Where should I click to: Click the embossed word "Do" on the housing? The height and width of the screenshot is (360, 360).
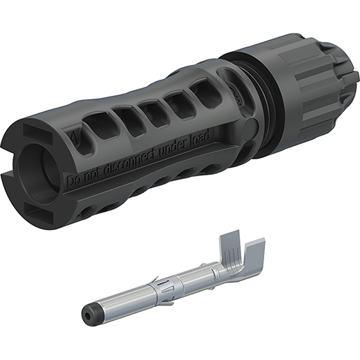coord(73,180)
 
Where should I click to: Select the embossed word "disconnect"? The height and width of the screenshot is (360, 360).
coord(129,161)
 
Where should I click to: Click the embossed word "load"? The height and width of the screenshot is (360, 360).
coord(201,137)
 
